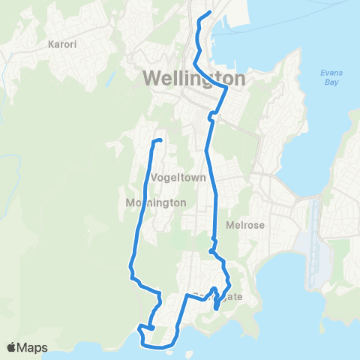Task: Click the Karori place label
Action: tap(63, 44)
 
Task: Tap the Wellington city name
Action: tap(193, 79)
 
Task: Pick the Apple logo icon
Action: tap(13, 347)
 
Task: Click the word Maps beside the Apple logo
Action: tap(33, 347)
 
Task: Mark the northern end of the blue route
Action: tap(208, 13)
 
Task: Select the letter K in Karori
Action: tap(51, 44)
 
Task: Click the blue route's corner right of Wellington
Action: tap(226, 88)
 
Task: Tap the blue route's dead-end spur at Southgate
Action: tap(216, 307)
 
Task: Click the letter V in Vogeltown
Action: tap(154, 178)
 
